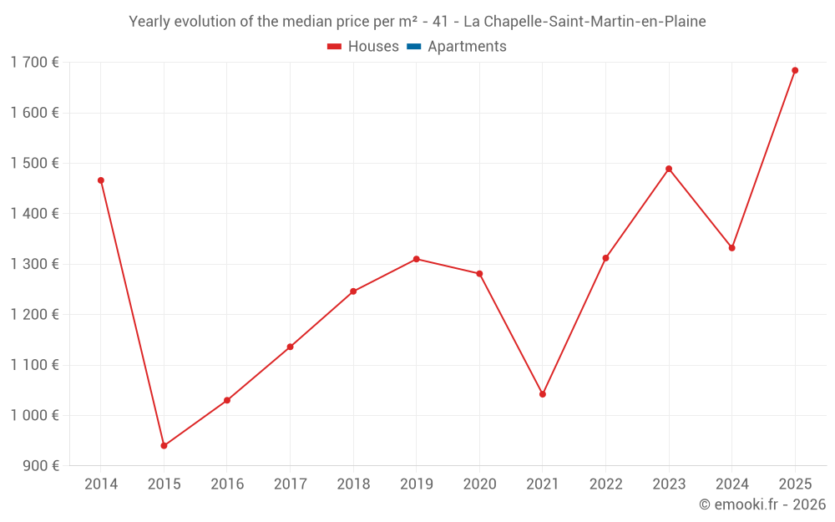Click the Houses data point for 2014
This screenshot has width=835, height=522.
click(101, 180)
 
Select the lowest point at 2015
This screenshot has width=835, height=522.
click(164, 446)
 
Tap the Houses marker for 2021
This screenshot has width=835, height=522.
click(543, 394)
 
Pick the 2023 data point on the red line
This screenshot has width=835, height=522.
click(669, 169)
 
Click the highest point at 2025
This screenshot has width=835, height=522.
click(795, 70)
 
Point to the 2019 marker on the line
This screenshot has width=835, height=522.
click(416, 259)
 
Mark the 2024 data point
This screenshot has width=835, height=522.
click(732, 248)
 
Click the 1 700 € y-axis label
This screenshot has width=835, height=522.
click(34, 62)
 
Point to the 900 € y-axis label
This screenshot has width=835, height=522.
click(39, 466)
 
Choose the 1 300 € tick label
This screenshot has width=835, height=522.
click(34, 264)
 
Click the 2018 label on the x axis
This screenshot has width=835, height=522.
click(353, 484)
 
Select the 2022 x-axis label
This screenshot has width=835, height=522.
click(605, 484)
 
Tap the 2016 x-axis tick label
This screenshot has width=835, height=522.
click(227, 484)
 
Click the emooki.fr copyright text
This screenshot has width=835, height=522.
click(762, 504)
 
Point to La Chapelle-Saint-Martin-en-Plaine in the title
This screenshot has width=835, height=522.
click(584, 22)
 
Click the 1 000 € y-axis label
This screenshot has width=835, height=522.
click(34, 415)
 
